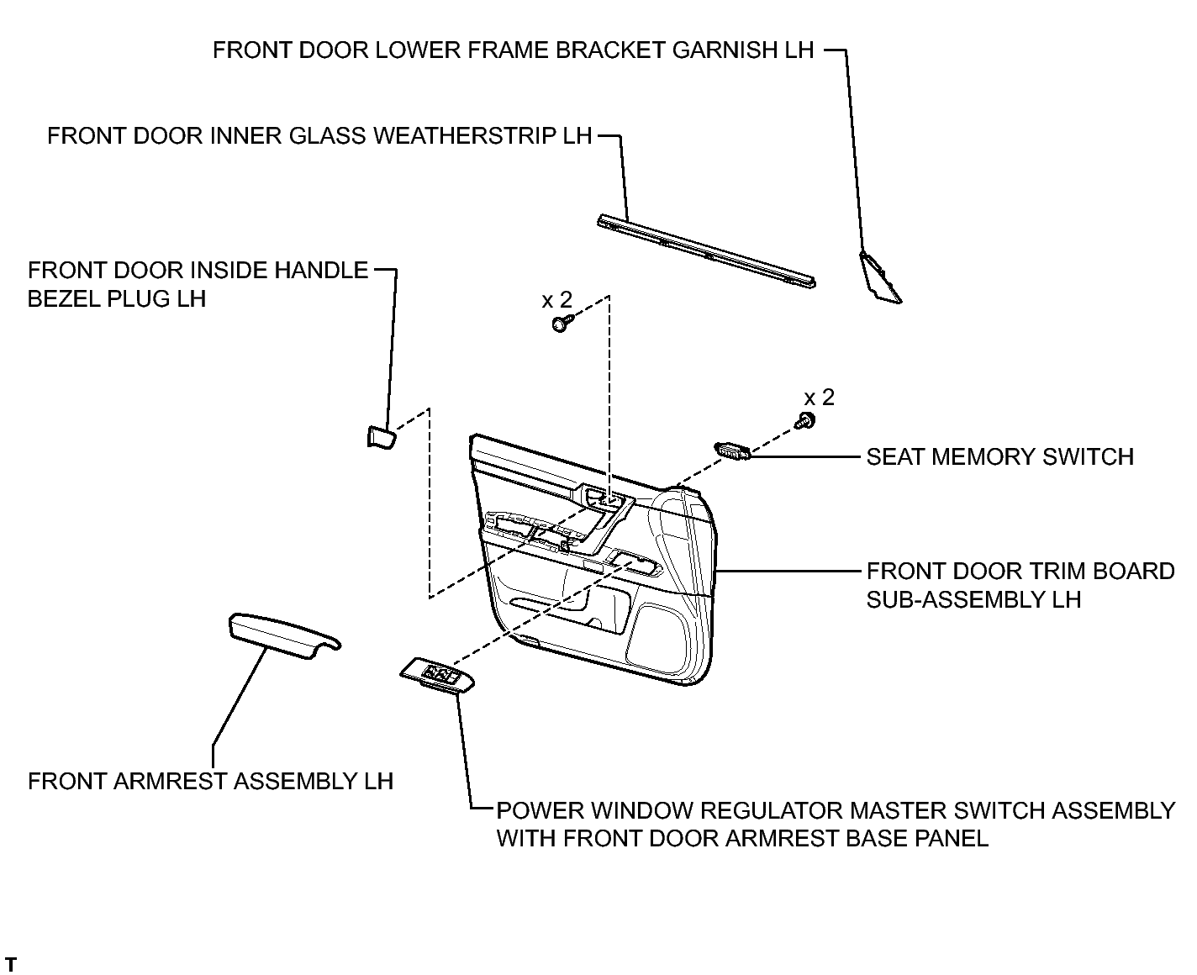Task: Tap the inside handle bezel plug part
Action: [382, 436]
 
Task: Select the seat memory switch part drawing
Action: [732, 451]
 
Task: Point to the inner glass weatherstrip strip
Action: [706, 251]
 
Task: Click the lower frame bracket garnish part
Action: [879, 277]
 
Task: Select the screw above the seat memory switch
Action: [805, 420]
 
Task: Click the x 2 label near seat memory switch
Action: [820, 398]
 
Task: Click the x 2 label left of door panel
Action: [557, 299]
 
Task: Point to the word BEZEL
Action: [64, 299]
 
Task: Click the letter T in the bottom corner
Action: [11, 964]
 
